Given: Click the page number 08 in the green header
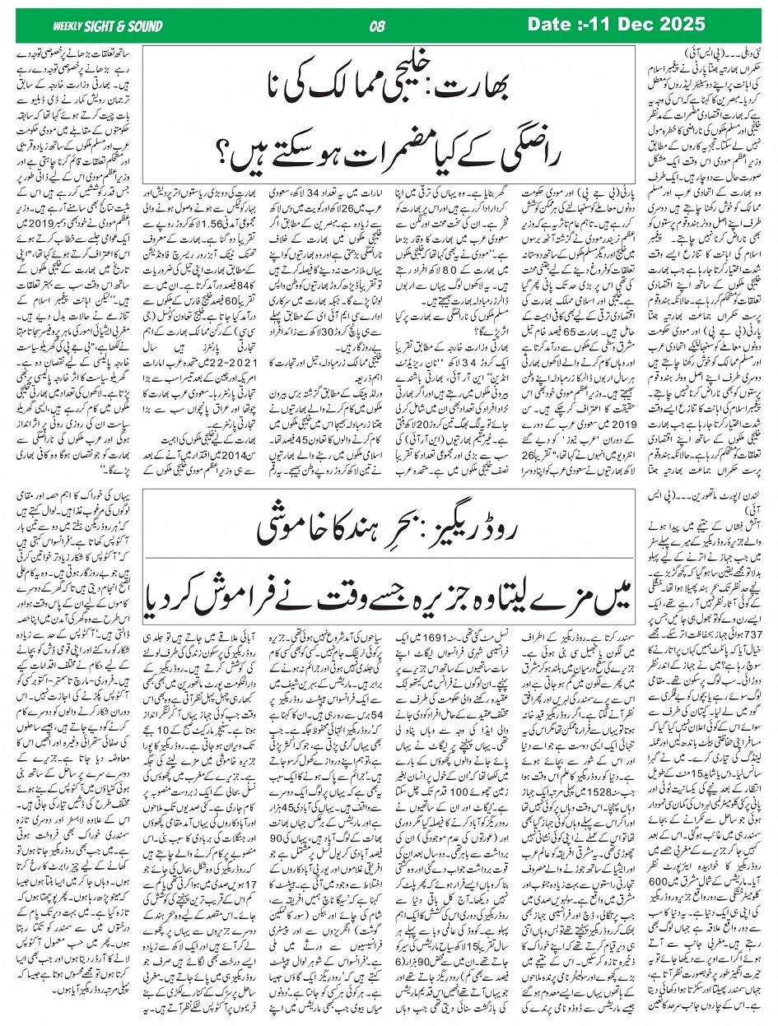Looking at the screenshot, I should coord(378,26).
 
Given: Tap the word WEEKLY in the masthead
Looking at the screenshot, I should coord(66,26).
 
